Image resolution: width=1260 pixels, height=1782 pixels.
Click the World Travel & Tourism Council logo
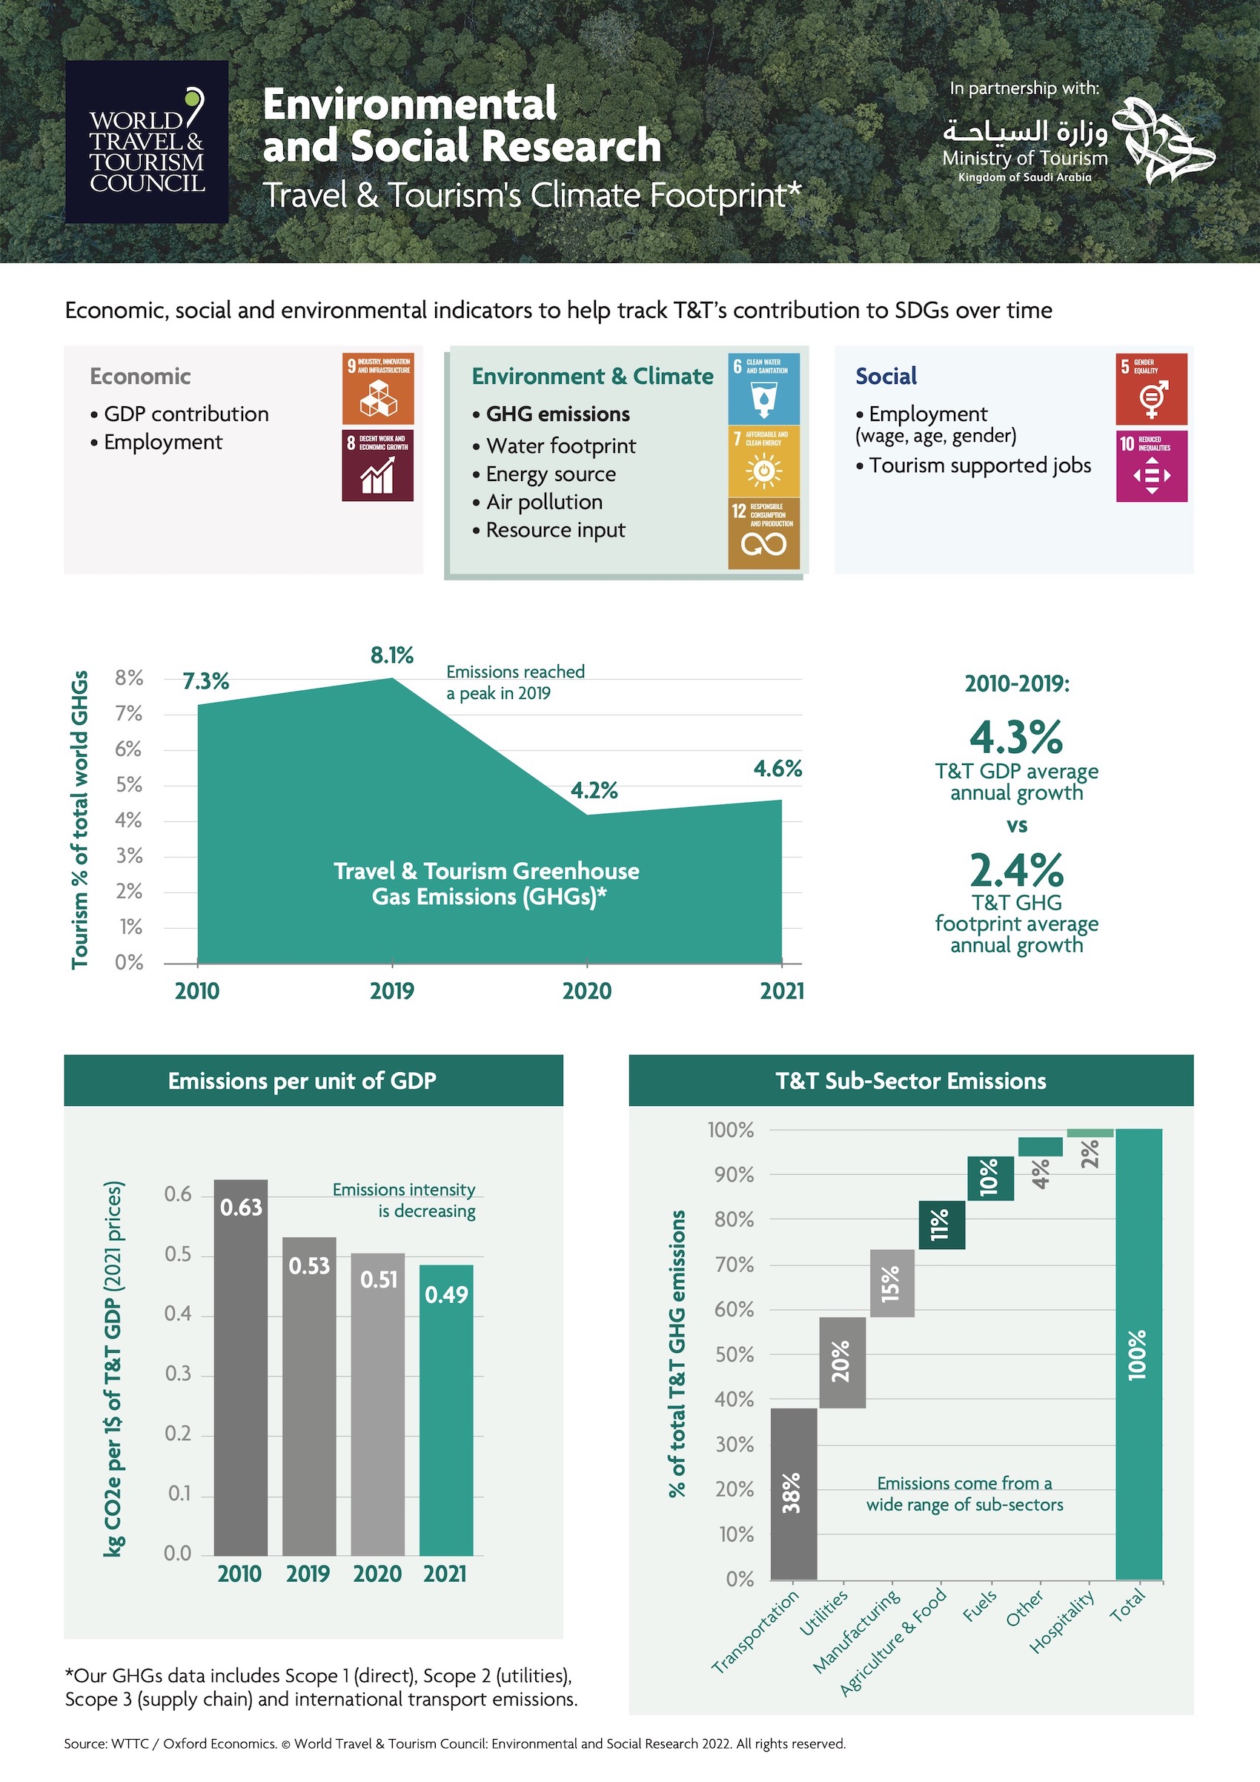147,142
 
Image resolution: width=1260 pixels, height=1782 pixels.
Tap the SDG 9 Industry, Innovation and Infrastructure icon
378,388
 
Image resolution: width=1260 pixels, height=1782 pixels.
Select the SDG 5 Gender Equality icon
1151,388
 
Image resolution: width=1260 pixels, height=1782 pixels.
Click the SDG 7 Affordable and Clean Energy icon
763,461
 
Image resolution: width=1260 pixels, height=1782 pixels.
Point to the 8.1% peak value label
392,656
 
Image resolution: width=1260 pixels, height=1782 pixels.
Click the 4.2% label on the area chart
594,791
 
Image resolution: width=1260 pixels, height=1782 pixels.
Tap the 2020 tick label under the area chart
586,991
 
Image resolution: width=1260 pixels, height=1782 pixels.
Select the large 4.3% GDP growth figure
1016,737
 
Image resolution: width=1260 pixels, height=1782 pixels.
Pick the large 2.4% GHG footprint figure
1016,870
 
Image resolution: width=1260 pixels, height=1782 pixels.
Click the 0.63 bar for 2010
241,1366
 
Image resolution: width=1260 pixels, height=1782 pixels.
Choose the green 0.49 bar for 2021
446,1408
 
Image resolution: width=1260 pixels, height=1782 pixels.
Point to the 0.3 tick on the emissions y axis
178,1374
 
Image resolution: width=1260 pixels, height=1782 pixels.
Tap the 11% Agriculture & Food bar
941,1224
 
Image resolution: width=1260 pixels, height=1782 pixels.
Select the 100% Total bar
1138,1354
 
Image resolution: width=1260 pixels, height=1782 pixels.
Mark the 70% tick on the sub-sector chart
733,1265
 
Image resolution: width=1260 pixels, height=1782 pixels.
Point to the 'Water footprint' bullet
560,445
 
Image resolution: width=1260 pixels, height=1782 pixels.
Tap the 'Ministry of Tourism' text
1024,159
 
